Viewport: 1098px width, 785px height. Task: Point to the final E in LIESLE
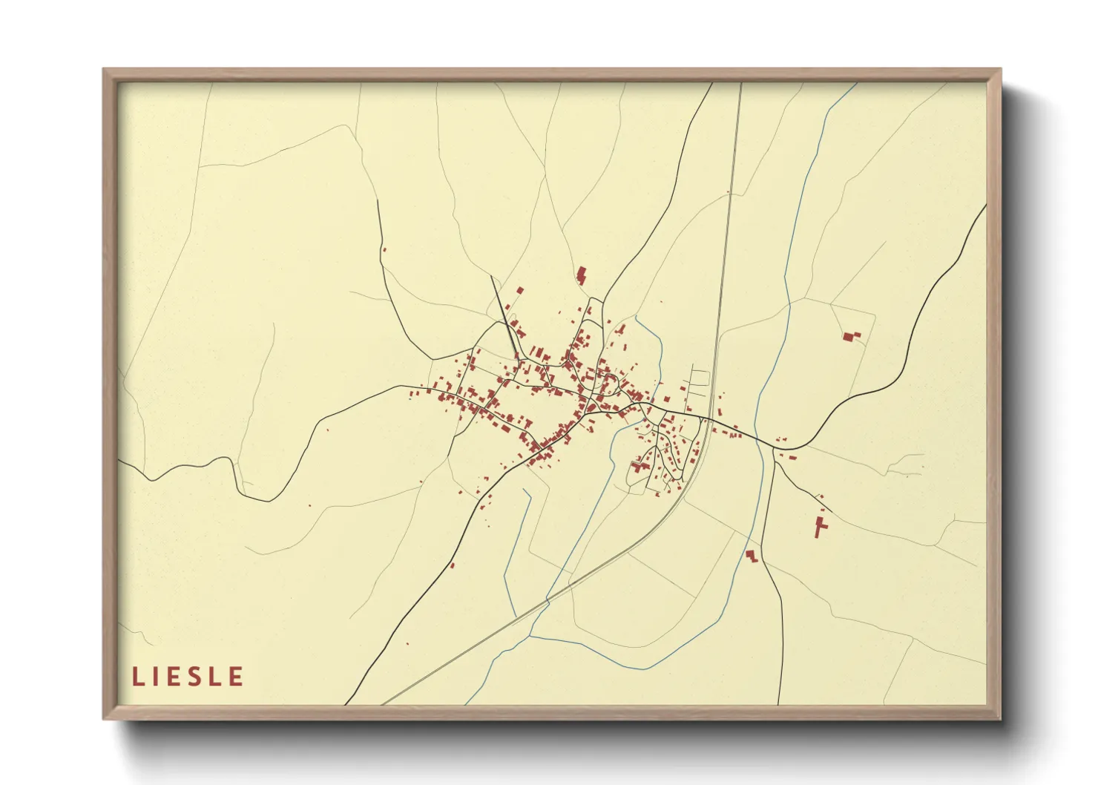[x=237, y=677]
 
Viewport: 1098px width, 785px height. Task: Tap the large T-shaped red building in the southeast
[x=820, y=525]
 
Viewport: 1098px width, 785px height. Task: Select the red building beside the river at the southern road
[x=752, y=556]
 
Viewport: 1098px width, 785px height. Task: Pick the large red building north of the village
[x=582, y=275]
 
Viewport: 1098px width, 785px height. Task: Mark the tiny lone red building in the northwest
[x=384, y=249]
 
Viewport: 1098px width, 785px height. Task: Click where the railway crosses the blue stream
[x=548, y=600]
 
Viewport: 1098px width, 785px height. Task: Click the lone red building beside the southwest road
[x=452, y=565]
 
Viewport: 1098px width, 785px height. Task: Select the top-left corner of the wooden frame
[x=104, y=70]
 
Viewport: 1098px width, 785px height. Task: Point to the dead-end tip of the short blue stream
[x=523, y=490]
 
